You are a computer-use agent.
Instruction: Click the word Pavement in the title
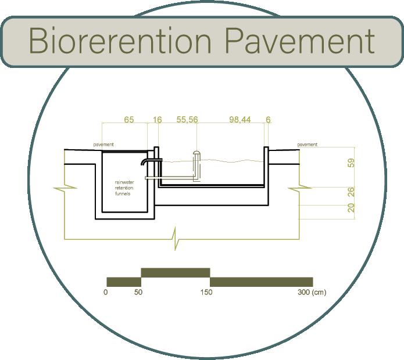(x=300, y=41)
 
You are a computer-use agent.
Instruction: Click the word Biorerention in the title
(x=120, y=41)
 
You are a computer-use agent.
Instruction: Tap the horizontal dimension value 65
(x=129, y=120)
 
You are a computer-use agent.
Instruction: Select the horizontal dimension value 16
(x=157, y=120)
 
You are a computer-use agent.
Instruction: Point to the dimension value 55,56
(x=187, y=120)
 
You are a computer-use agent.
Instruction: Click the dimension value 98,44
(x=240, y=120)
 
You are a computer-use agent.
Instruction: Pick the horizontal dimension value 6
(x=268, y=120)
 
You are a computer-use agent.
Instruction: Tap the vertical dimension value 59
(x=351, y=163)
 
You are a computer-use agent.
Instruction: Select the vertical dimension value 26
(x=351, y=192)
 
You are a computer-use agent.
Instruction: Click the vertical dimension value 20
(x=351, y=208)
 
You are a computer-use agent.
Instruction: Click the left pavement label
(x=103, y=145)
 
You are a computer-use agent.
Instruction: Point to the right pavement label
(x=308, y=145)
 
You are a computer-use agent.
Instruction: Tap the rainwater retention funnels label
(x=124, y=188)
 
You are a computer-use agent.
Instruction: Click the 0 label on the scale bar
(x=105, y=292)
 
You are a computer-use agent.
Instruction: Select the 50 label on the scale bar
(x=138, y=292)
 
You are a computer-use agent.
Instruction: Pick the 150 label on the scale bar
(x=206, y=292)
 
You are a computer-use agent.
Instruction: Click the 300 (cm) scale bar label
(x=312, y=292)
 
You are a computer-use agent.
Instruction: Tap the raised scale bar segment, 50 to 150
(x=176, y=273)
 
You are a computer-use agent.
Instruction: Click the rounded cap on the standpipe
(x=196, y=153)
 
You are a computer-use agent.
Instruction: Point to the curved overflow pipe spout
(x=144, y=161)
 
